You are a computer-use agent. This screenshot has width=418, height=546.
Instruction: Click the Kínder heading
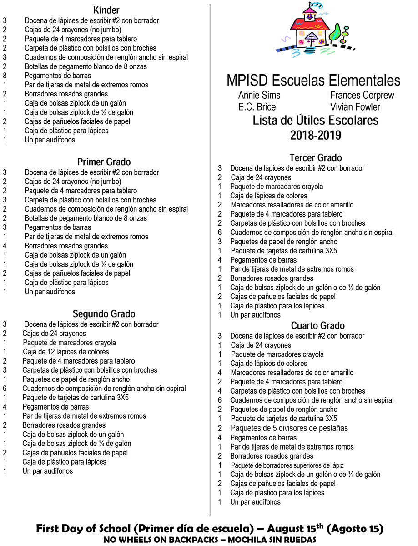pos(106,10)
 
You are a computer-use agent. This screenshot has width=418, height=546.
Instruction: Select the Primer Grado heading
pos(104,162)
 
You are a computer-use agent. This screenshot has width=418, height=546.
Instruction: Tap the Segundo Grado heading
pos(104,314)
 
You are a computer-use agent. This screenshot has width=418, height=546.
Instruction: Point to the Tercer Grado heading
pos(316,157)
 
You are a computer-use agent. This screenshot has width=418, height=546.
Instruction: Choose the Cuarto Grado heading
pos(318,325)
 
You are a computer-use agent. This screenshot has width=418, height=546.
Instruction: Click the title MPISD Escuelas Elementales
pos(313,81)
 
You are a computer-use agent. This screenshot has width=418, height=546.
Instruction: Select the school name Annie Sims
pos(259,96)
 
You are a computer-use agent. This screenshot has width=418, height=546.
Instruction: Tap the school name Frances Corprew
pos(362,96)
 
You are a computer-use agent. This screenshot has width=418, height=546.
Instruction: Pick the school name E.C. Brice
pos(257,107)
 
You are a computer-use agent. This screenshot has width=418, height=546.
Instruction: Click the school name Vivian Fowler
pos(355,107)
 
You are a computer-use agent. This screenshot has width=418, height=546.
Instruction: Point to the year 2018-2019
pos(316,135)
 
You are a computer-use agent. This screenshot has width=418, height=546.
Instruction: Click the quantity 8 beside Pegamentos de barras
pos(5,76)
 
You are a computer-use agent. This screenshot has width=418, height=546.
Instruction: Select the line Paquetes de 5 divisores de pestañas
pos(289,428)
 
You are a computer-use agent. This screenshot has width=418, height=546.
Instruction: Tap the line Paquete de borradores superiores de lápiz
pos(287,465)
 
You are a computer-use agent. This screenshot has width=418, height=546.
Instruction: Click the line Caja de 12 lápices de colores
pos(66,352)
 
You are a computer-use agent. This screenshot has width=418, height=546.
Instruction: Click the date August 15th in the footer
pos(295,529)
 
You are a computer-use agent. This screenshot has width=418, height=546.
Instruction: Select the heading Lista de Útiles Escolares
pos(316,121)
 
